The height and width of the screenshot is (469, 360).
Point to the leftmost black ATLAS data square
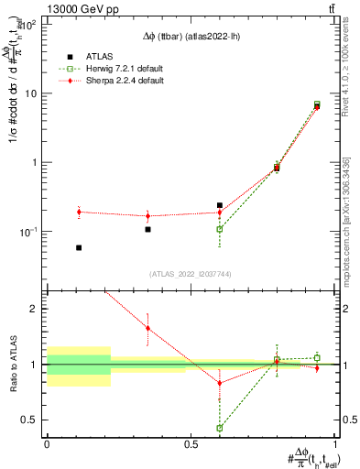[x=79, y=247]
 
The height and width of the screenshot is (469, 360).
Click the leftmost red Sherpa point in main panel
[x=79, y=212]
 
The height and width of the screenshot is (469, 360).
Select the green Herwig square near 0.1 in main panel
[x=220, y=229]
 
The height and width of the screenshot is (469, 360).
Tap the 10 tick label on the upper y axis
[x=35, y=93]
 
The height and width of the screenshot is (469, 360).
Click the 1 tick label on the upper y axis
[x=38, y=162]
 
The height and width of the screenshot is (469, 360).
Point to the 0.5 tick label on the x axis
[x=191, y=444]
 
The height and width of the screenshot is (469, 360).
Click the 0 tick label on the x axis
[x=47, y=444]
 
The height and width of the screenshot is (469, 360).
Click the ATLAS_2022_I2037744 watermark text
[x=191, y=274]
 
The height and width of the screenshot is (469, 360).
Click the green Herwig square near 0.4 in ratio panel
[x=220, y=428]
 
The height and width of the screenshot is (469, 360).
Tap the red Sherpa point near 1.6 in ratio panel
[x=148, y=328]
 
